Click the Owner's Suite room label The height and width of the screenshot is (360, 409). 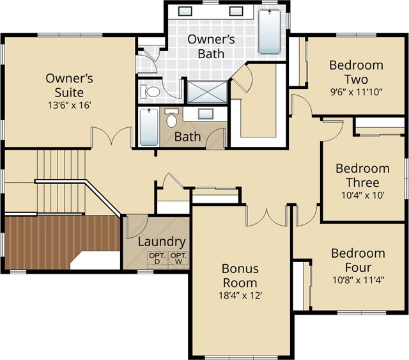click(69, 86)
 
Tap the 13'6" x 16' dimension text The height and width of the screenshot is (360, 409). click(70, 106)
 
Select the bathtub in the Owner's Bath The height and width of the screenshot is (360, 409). click(270, 32)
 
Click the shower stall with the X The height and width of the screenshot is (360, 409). click(207, 92)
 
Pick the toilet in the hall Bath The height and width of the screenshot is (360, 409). click(171, 118)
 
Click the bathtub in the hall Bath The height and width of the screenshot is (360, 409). click(149, 127)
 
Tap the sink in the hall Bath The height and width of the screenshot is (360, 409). click(206, 114)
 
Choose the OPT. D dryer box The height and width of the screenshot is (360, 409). click(157, 259)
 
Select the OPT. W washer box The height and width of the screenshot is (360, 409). click(178, 259)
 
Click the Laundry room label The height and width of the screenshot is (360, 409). click(162, 242)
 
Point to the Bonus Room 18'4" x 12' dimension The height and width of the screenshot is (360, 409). click(240, 295)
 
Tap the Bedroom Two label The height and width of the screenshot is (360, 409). click(357, 72)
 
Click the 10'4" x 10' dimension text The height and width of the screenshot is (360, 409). click(362, 195)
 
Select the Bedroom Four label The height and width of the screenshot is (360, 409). click(358, 260)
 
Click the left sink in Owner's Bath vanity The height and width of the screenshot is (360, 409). click(185, 11)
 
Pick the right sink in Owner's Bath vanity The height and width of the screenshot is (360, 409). click(236, 11)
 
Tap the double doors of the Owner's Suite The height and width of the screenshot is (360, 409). click(112, 136)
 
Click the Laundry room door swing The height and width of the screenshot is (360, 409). click(137, 227)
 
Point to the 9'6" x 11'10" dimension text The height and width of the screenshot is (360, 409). click(357, 92)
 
